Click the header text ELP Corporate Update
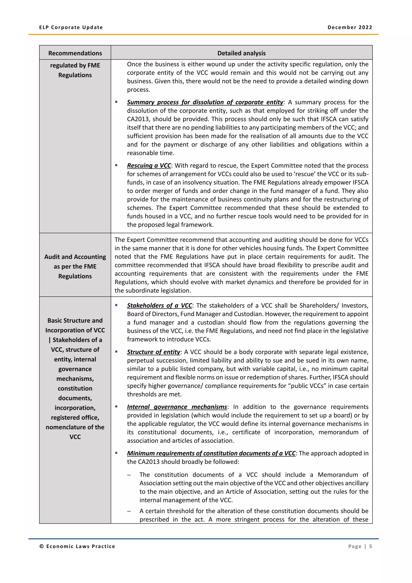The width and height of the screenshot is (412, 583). click(x=71, y=27)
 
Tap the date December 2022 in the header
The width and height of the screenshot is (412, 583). click(x=350, y=27)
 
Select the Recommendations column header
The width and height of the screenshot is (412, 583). click(x=75, y=53)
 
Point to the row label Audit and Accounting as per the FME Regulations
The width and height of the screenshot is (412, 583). click(x=75, y=266)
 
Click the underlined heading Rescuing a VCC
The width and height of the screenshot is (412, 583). click(x=149, y=165)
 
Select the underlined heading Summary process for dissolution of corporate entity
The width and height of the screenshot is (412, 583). click(x=205, y=102)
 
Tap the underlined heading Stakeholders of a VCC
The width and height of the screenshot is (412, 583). click(x=159, y=305)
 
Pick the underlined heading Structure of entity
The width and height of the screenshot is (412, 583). click(x=153, y=352)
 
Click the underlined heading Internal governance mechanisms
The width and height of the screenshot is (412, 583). click(x=177, y=407)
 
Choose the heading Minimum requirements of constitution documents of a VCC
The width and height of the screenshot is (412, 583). click(x=211, y=453)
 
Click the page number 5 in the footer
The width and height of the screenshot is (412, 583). click(x=370, y=546)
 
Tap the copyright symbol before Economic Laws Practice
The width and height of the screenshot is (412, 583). click(x=42, y=546)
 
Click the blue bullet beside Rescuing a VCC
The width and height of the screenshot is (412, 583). click(x=116, y=165)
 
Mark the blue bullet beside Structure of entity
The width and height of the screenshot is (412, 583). click(x=116, y=352)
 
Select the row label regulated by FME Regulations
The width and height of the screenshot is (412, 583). click(x=75, y=70)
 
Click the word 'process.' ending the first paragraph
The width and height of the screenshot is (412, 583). click(x=139, y=90)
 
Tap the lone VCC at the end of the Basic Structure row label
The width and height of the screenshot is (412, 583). click(x=75, y=437)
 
